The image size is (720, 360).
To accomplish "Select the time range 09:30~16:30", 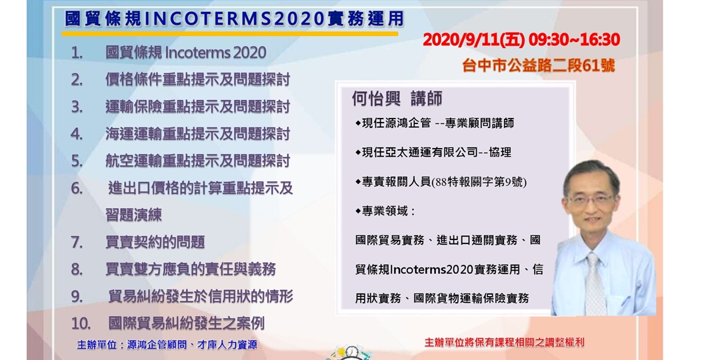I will [574, 40].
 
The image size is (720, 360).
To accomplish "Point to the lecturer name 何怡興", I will [376, 99].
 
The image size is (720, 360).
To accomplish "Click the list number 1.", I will [77, 53].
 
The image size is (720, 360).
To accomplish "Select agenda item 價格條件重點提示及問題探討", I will [197, 80].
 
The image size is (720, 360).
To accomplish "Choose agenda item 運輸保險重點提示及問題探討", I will [197, 107].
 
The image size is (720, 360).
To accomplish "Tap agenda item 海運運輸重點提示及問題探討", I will [197, 134].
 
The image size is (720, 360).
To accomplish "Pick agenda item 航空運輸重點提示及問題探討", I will [197, 161].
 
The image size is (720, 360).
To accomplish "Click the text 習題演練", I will [133, 215].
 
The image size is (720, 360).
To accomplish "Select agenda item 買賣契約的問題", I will [155, 242].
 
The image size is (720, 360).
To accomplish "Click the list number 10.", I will [81, 323].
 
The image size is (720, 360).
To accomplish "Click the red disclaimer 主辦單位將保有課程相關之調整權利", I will [504, 342].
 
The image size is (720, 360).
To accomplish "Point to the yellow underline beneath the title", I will [231, 33].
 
